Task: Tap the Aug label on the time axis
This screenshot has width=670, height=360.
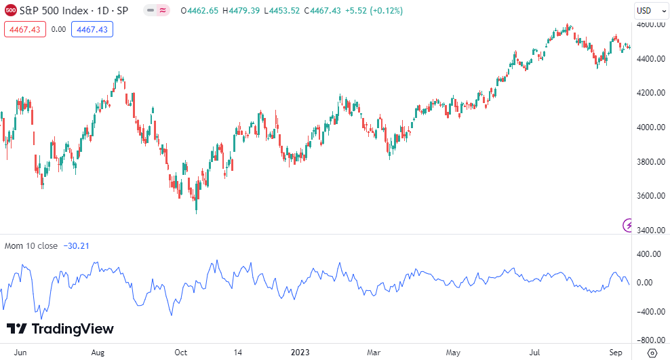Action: (x=98, y=353)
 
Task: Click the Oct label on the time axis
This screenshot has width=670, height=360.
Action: (x=180, y=353)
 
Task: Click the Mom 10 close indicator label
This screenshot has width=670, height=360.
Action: (x=31, y=245)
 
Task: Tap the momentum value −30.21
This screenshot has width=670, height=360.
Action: (x=77, y=245)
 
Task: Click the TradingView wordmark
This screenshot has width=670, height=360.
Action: (x=60, y=329)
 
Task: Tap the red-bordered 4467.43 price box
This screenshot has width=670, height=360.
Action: (x=24, y=29)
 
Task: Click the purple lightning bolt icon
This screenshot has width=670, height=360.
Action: (x=629, y=225)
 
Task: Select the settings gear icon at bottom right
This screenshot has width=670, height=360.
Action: (x=652, y=353)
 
